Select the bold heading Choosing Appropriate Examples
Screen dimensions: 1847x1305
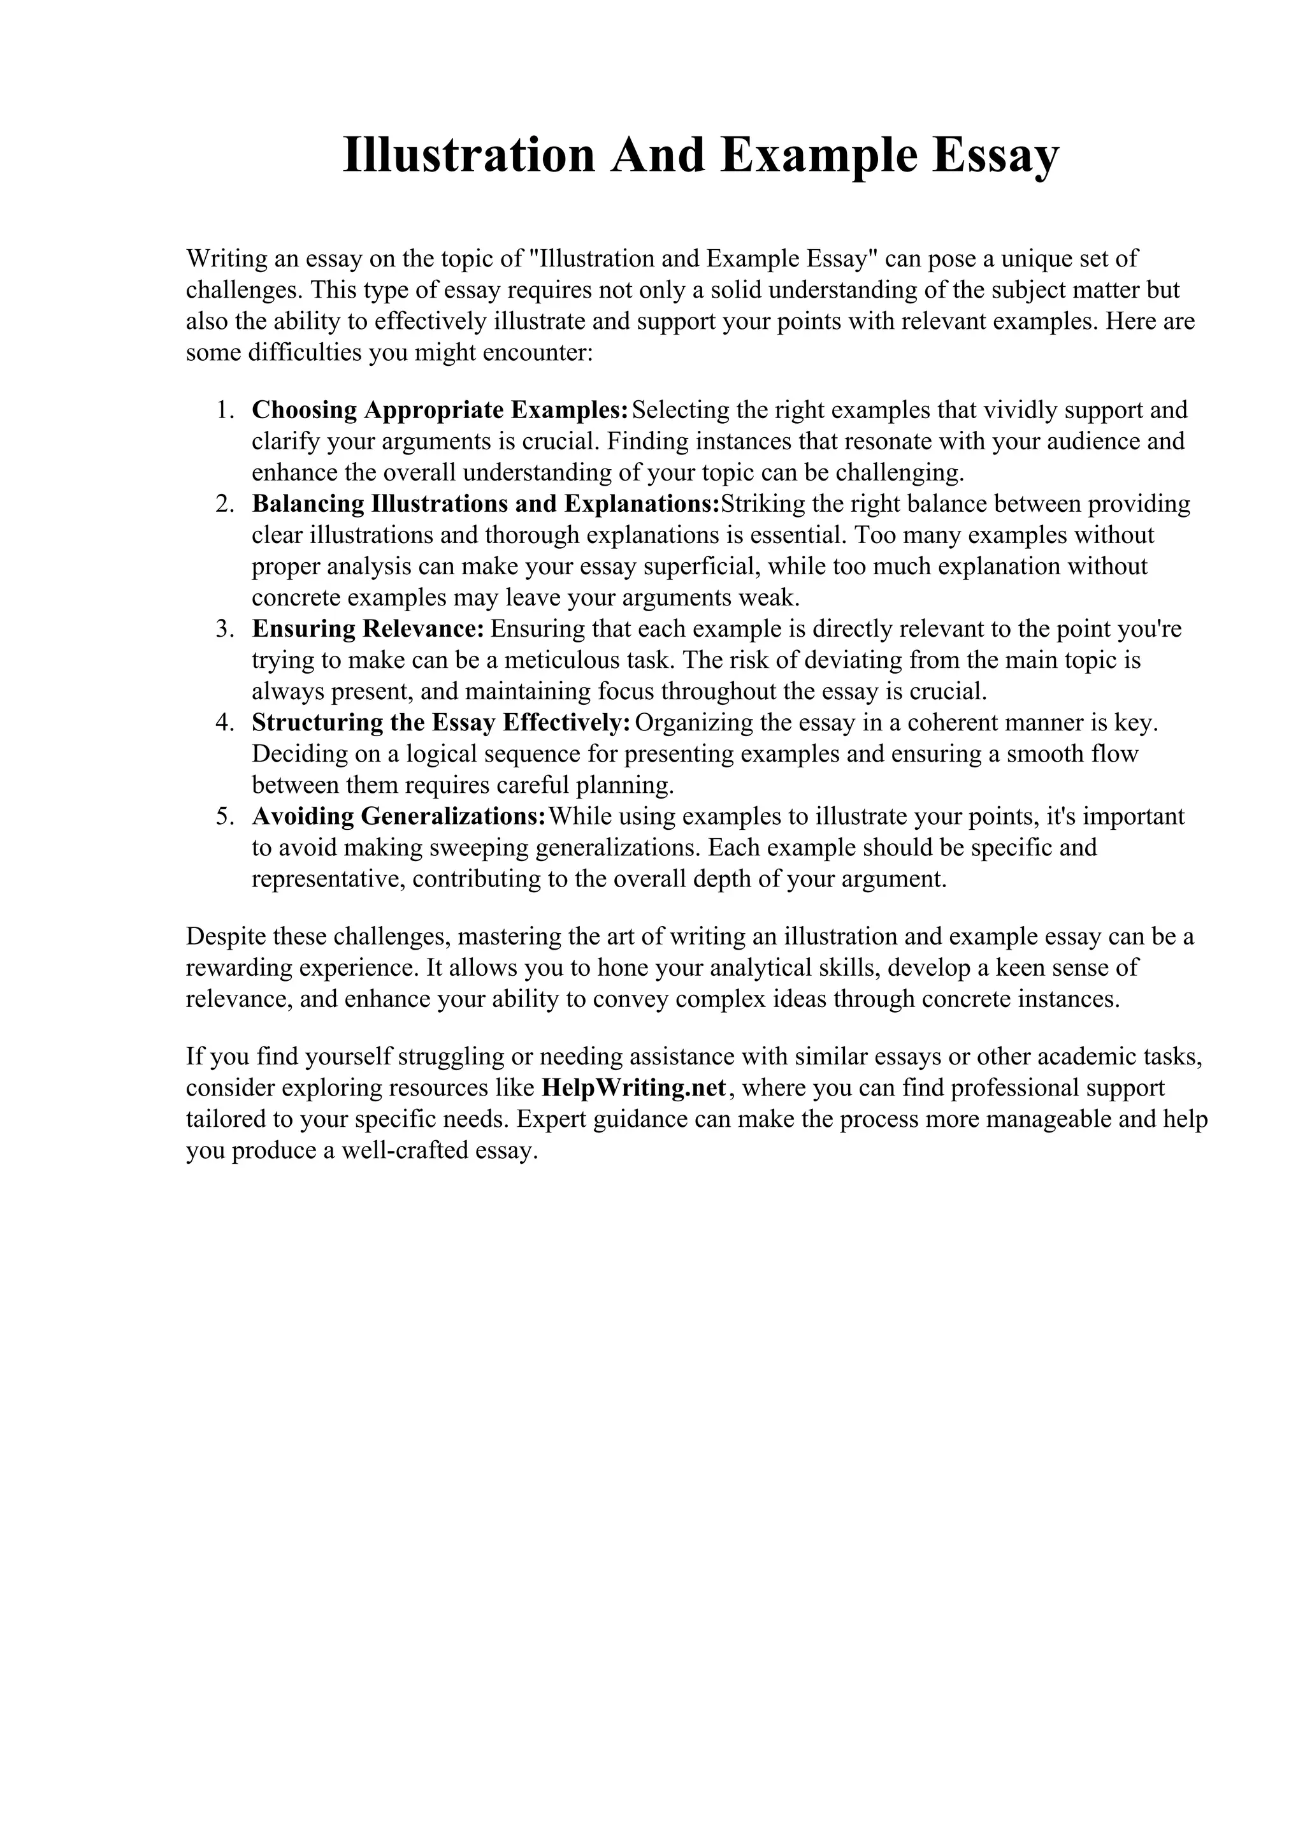tap(439, 410)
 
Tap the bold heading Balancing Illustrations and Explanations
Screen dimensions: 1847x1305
tap(486, 504)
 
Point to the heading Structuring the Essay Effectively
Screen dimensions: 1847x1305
tap(440, 723)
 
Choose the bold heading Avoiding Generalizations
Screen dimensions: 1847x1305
tap(399, 816)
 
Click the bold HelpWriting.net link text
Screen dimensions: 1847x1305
tap(635, 1089)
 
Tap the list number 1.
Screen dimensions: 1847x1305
tap(224, 410)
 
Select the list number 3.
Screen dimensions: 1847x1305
tap(224, 629)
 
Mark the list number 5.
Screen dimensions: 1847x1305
tap(224, 816)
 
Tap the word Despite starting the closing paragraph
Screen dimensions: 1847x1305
tap(226, 937)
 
